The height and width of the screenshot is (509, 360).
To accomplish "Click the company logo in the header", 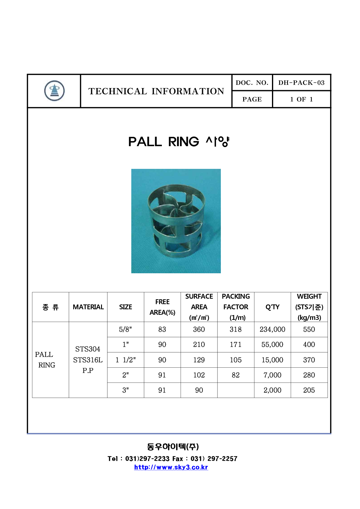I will click(x=54, y=91).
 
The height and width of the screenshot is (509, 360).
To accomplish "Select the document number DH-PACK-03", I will click(x=301, y=83).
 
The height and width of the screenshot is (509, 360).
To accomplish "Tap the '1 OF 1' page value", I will click(x=301, y=99).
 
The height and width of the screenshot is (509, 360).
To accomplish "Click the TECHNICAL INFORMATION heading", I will click(x=156, y=91).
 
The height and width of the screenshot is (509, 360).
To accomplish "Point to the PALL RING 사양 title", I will click(x=179, y=142).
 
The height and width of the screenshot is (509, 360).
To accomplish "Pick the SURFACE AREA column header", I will click(x=199, y=307).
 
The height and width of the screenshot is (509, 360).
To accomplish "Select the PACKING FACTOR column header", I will click(x=236, y=307).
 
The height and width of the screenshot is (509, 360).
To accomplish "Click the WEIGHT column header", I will click(x=309, y=307).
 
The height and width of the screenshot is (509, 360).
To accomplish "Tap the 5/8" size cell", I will click(x=126, y=329).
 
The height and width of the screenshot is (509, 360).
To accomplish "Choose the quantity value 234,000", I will click(x=272, y=329).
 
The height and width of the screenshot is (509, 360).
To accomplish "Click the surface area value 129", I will click(x=199, y=360).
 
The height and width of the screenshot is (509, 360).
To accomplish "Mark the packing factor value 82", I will click(x=236, y=375).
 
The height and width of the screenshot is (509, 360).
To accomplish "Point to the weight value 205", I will click(x=309, y=390).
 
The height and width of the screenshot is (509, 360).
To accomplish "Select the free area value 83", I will click(x=162, y=329).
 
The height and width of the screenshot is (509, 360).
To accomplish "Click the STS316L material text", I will click(x=88, y=360).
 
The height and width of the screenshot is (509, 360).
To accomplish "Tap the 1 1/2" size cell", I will click(x=126, y=360).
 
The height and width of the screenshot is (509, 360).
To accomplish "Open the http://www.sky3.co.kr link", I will click(x=171, y=467).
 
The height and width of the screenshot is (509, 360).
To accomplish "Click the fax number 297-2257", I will click(x=222, y=458).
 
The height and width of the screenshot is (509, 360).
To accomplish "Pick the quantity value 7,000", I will click(x=272, y=375).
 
